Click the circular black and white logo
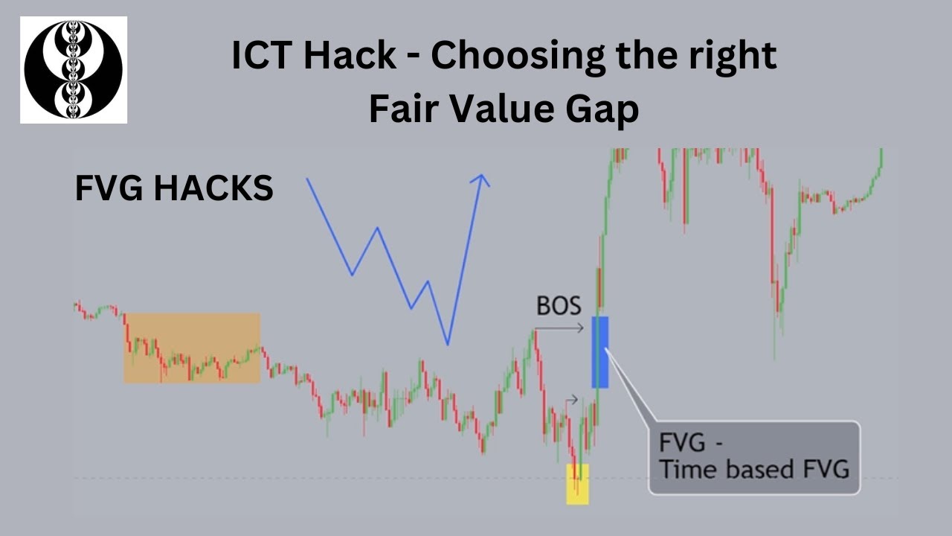click(73, 70)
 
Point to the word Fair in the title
click(399, 110)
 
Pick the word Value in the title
click(504, 110)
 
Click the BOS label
click(559, 306)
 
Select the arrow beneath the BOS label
click(559, 328)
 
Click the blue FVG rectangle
click(599, 351)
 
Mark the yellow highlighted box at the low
click(577, 484)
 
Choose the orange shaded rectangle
click(192, 348)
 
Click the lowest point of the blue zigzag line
click(448, 344)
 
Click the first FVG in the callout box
click(683, 444)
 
